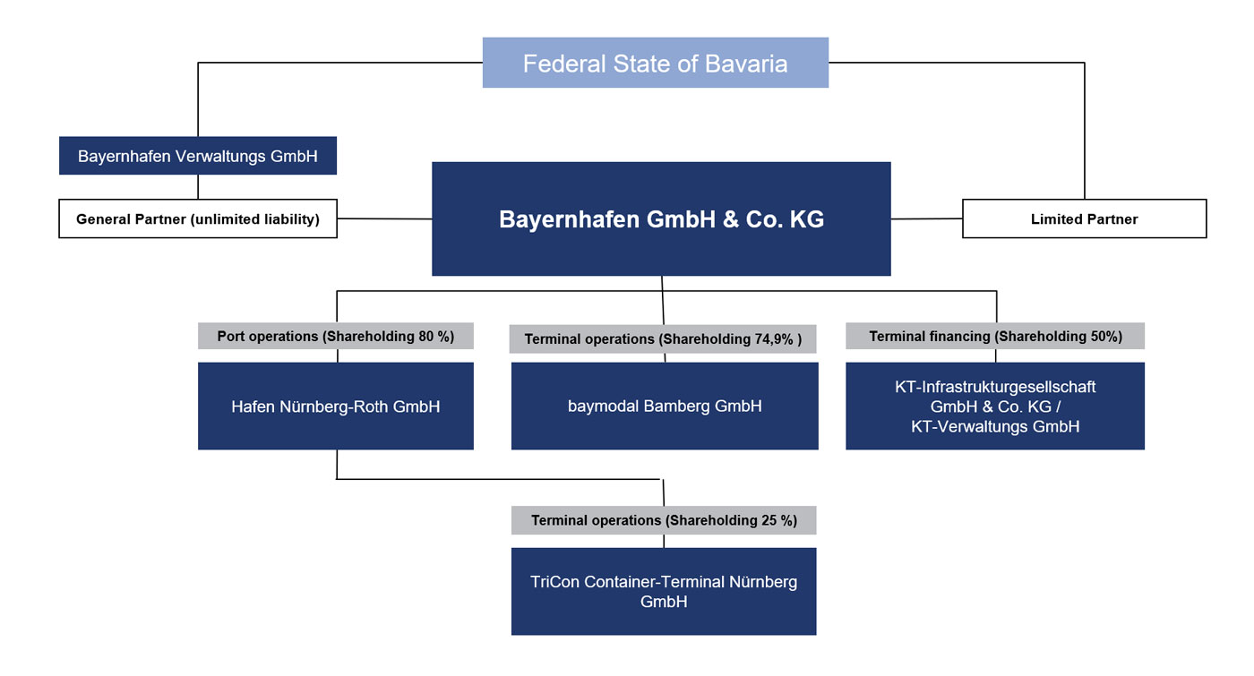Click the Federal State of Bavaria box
point(656,63)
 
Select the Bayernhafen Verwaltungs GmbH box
point(198,156)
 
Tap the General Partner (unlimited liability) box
point(198,218)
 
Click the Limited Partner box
point(1085,218)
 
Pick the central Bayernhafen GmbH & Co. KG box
point(661,218)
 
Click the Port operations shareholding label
point(335,336)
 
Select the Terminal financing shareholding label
point(995,336)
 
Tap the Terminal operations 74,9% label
point(663,338)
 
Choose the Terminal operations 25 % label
point(664,520)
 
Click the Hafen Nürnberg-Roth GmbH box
point(335,406)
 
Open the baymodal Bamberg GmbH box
point(665,406)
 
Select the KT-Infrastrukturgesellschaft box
point(995,406)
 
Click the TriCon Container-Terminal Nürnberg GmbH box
point(664,591)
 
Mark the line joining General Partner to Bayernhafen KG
point(384,218)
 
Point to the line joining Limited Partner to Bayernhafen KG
point(926,218)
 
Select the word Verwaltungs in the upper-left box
point(220,156)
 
